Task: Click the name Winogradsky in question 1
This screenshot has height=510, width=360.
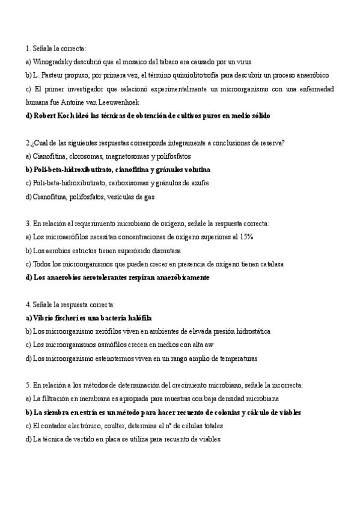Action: [x=54, y=61]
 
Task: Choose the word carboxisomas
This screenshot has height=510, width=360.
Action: [x=132, y=183]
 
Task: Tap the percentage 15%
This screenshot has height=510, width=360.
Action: [x=244, y=237]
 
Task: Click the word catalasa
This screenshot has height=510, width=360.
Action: [x=269, y=264]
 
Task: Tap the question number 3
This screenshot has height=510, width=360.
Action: [x=27, y=224]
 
